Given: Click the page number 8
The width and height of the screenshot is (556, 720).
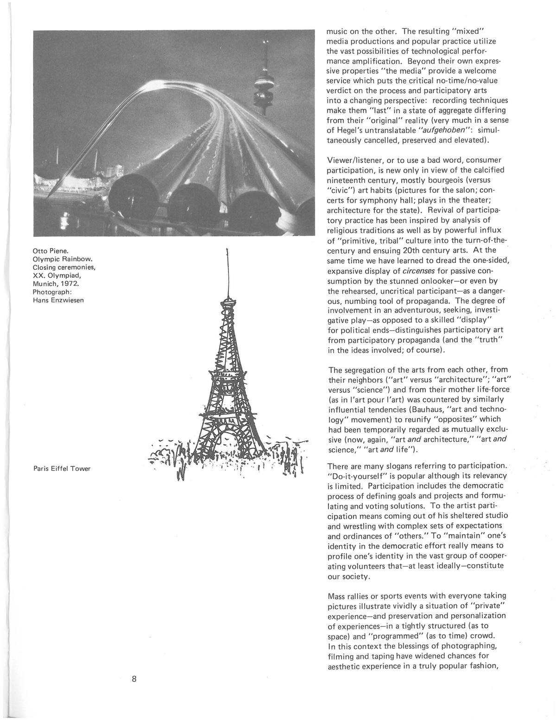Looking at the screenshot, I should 133,680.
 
